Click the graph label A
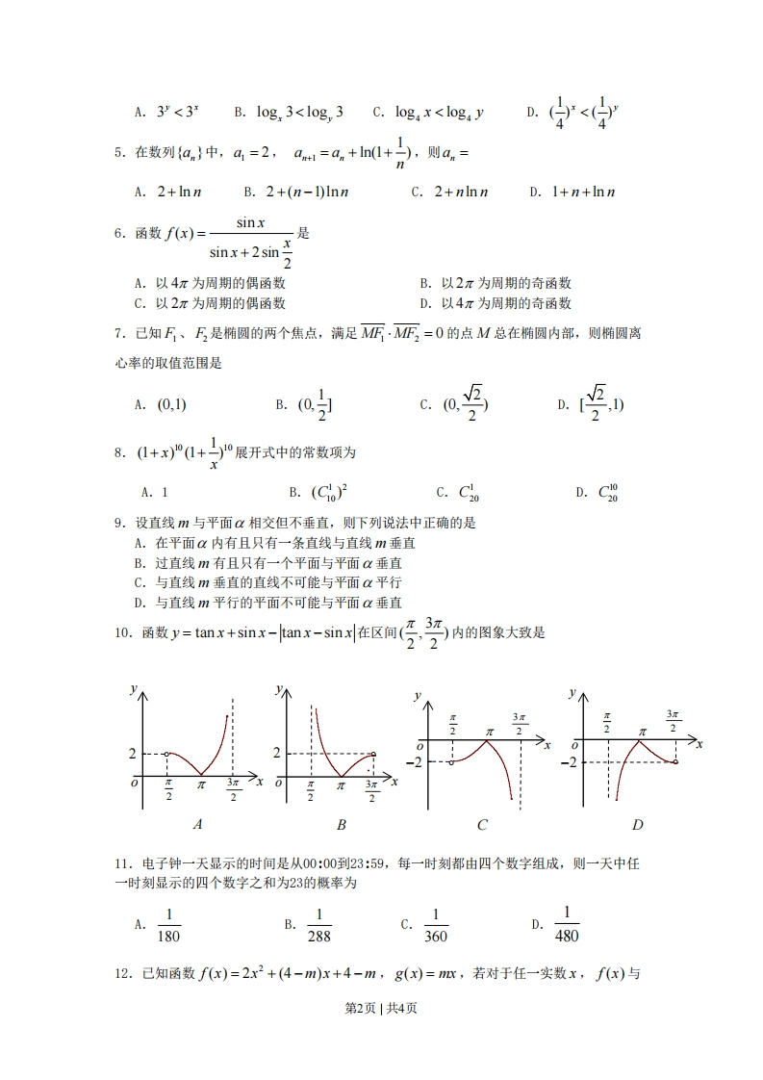click(x=197, y=824)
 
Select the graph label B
click(x=342, y=824)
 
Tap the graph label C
click(x=482, y=825)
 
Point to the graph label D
click(x=637, y=825)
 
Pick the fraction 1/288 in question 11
click(x=318, y=925)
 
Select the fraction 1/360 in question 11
click(x=436, y=925)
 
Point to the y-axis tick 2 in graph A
click(x=133, y=753)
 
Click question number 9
click(x=120, y=523)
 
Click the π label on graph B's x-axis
click(x=342, y=784)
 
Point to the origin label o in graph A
click(x=135, y=783)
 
